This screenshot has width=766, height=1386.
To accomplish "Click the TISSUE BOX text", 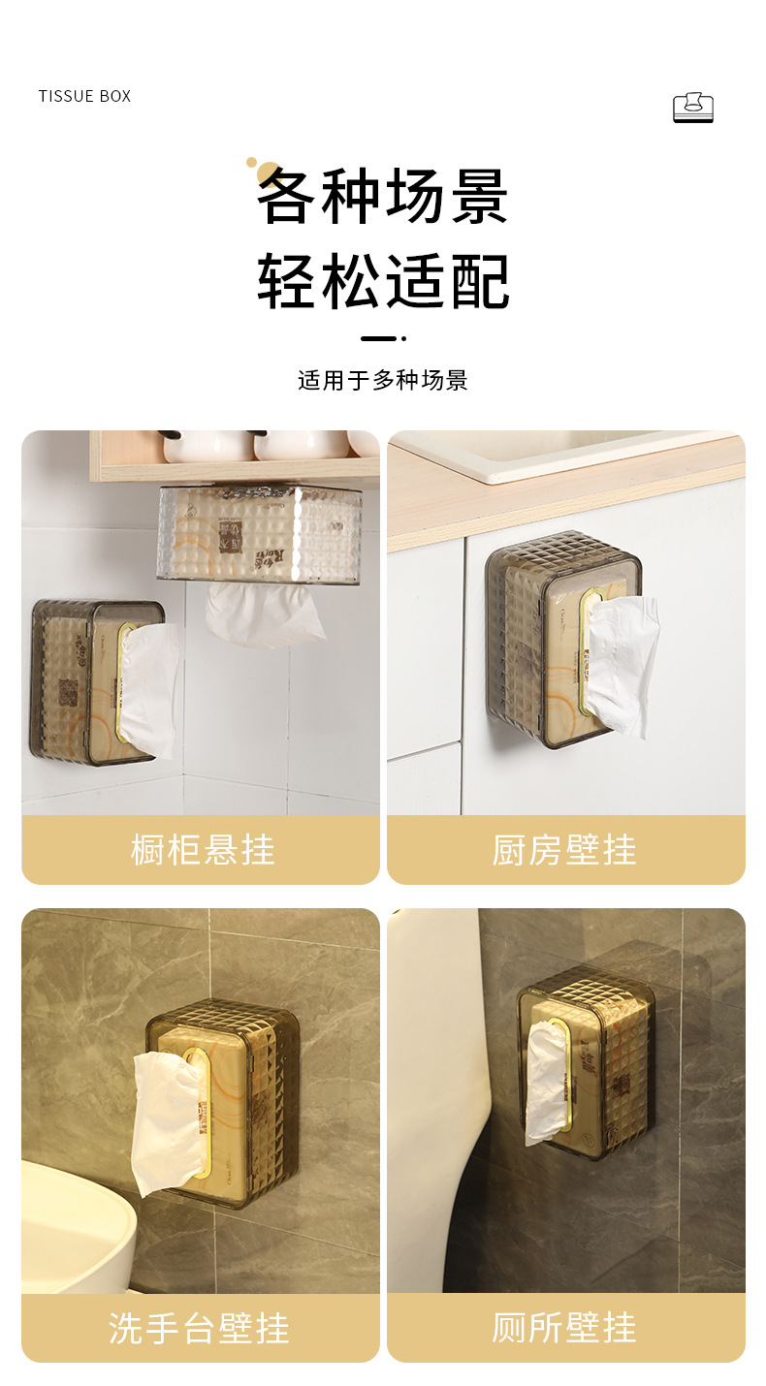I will (x=84, y=96).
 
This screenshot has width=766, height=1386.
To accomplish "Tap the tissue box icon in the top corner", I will (x=692, y=108).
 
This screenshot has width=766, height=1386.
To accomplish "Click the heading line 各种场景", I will (x=383, y=197).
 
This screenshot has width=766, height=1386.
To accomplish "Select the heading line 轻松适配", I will (x=383, y=282).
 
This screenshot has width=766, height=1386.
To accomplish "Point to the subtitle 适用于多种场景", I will (x=383, y=380).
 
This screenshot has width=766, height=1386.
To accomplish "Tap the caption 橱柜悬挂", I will (x=202, y=850).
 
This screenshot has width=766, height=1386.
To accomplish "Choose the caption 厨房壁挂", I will (x=564, y=850).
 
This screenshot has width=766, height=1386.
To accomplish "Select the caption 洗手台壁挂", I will (x=200, y=1328).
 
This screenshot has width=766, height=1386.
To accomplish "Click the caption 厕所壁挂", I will (x=564, y=1328).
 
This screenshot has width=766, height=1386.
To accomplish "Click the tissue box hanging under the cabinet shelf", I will (x=259, y=533).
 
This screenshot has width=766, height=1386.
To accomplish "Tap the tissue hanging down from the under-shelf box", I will (x=264, y=613).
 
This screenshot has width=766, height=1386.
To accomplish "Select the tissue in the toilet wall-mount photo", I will (x=546, y=1081).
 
